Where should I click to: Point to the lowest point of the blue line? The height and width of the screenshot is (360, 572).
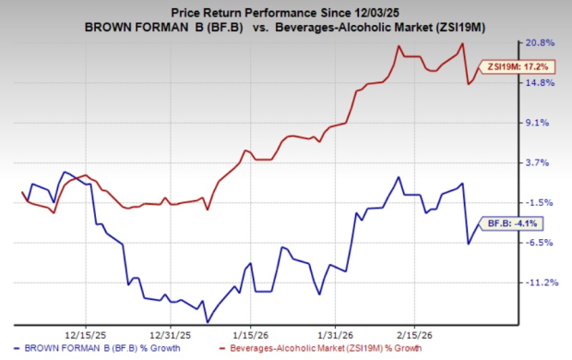207,322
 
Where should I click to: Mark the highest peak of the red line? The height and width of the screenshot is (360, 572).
461,43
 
